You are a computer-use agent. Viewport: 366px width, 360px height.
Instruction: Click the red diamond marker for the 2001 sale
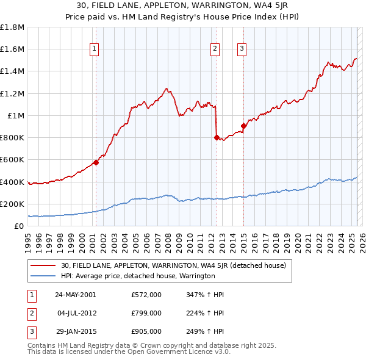click(96, 162)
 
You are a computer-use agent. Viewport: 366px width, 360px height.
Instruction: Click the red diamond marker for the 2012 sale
click(217, 137)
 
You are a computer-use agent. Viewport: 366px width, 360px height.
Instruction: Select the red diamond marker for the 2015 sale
click(243, 126)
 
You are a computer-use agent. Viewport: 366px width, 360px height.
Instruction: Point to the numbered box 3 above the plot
click(242, 50)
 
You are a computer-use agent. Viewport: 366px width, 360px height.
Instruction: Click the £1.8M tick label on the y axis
click(12, 27)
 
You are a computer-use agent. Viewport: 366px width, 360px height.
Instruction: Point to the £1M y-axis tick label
click(15, 115)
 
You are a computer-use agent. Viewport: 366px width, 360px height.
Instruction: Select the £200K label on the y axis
click(12, 204)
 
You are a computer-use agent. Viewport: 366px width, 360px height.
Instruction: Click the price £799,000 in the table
click(146, 313)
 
